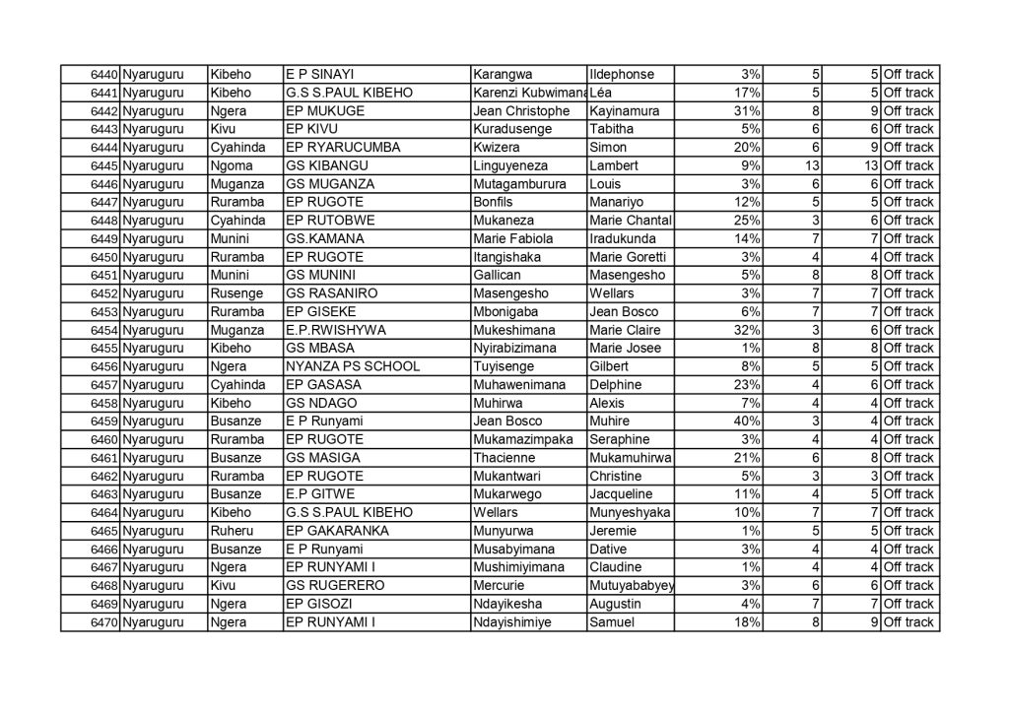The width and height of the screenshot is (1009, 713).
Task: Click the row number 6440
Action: [103, 75]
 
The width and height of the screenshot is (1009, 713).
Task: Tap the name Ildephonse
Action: [621, 75]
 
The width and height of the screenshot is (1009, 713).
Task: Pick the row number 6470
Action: [103, 622]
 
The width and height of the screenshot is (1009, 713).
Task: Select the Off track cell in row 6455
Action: [908, 349]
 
